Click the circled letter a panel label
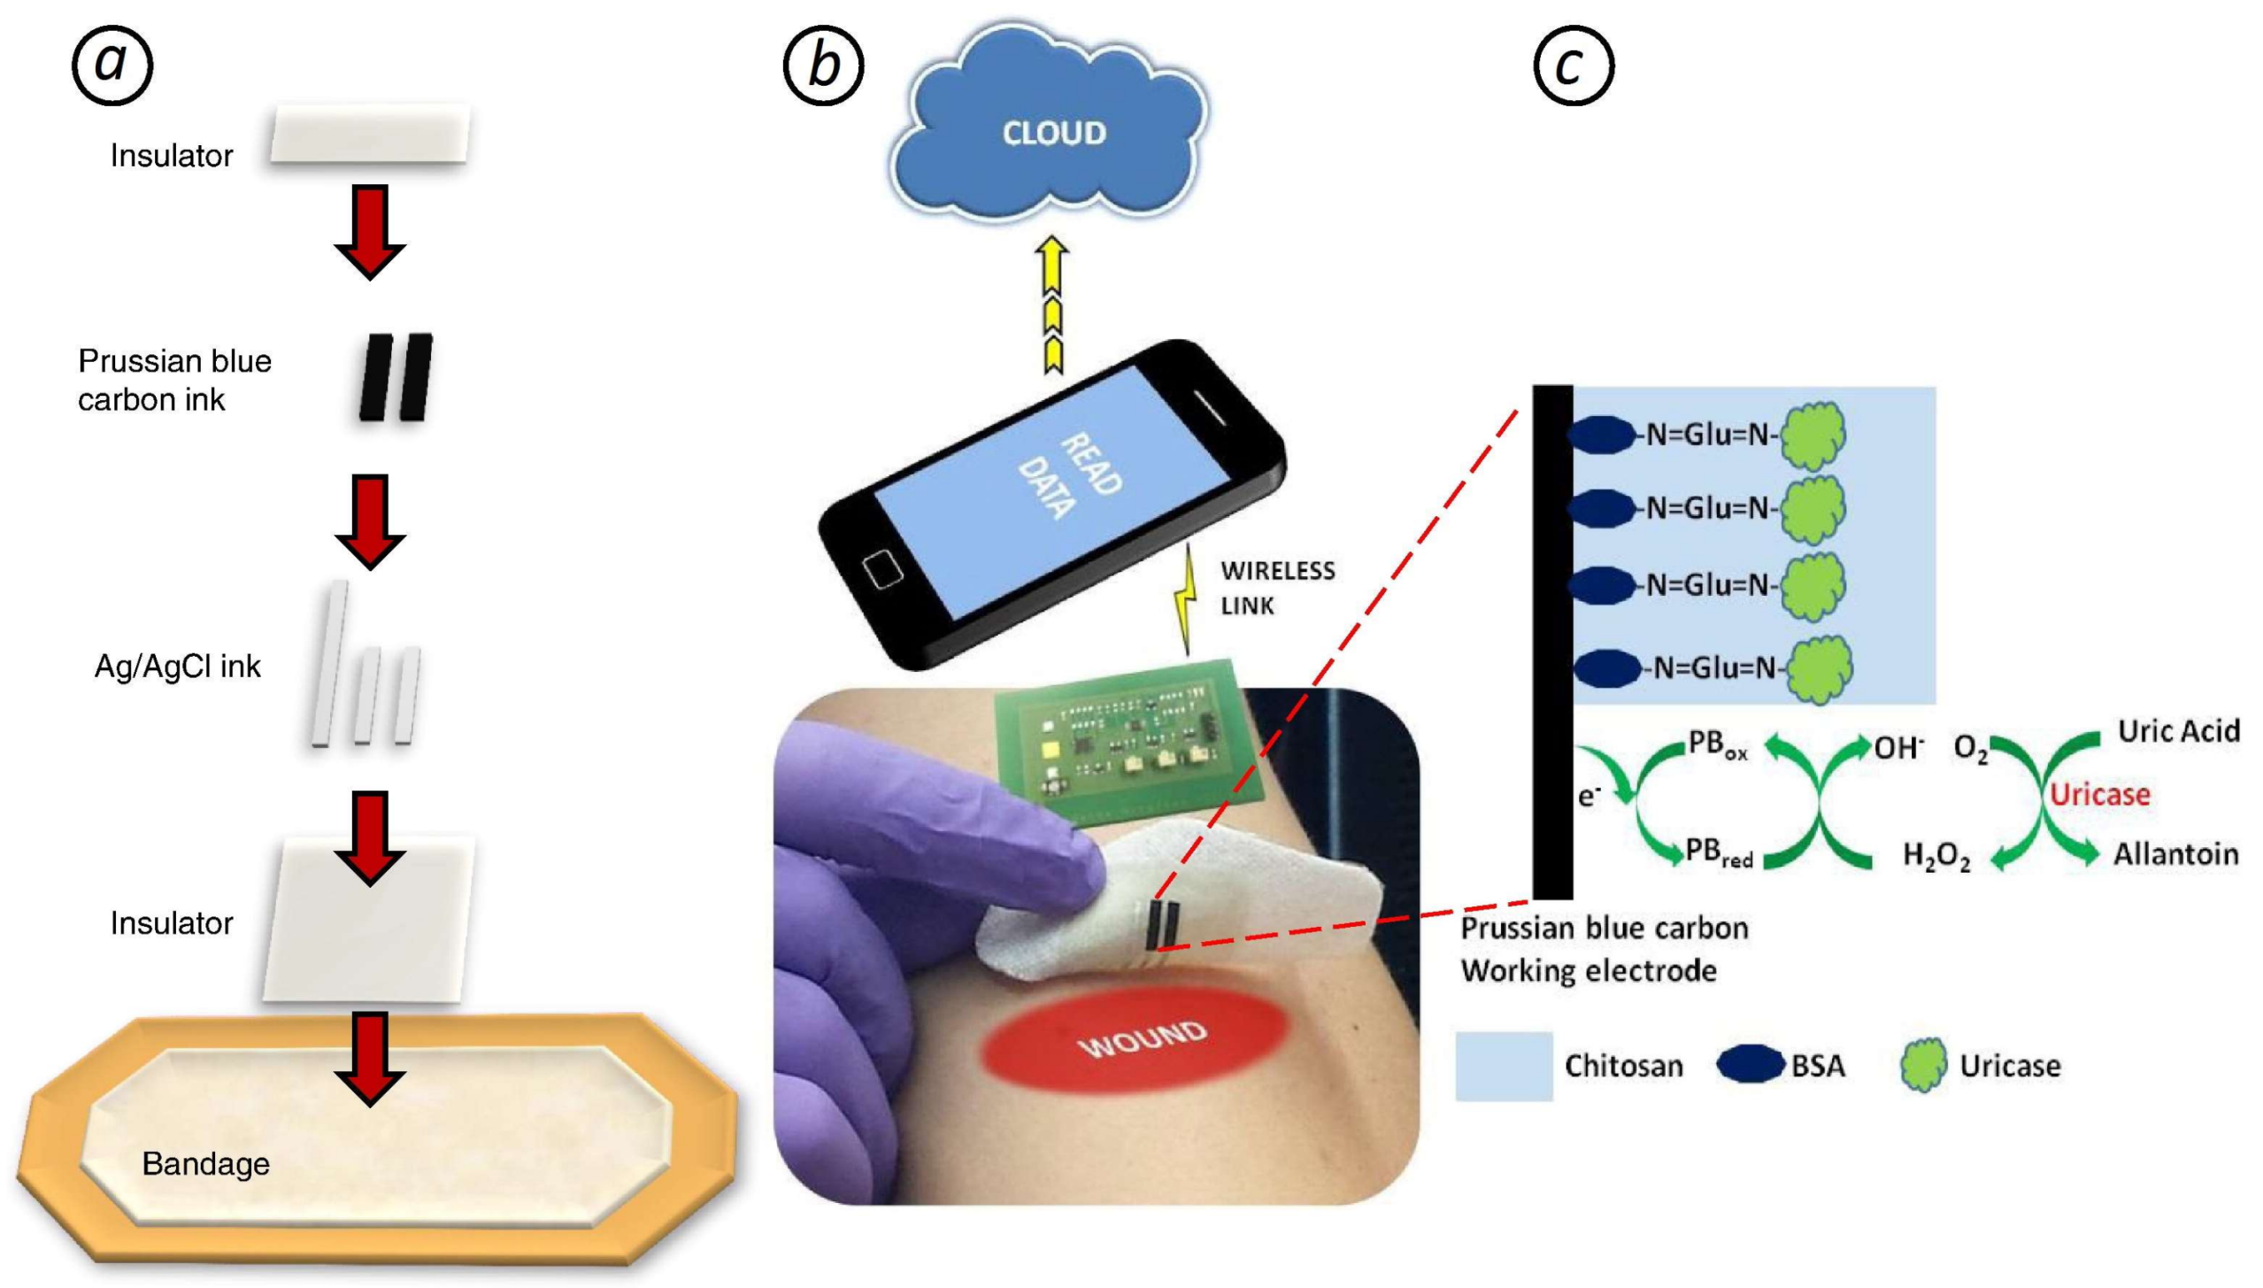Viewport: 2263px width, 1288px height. click(x=112, y=65)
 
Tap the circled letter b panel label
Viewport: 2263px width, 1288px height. click(x=823, y=65)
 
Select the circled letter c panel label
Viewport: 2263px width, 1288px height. click(x=1573, y=65)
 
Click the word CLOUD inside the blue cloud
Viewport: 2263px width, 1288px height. click(x=1053, y=133)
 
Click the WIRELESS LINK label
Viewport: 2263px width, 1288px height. click(x=1276, y=588)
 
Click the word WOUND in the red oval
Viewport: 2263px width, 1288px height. click(x=1142, y=1040)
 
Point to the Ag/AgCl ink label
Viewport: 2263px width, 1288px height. click(x=177, y=666)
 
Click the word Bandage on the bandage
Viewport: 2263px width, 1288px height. click(x=205, y=1163)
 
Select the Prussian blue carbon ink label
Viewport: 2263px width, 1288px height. click(x=174, y=380)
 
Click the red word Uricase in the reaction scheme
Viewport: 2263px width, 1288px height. click(x=2099, y=794)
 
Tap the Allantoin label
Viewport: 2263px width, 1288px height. click(x=2175, y=853)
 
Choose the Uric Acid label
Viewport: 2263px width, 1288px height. click(x=2178, y=730)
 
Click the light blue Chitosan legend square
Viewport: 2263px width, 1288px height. click(x=1503, y=1065)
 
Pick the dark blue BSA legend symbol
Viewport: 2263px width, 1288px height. click(x=1750, y=1064)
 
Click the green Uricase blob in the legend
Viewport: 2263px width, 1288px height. click(x=1923, y=1064)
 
